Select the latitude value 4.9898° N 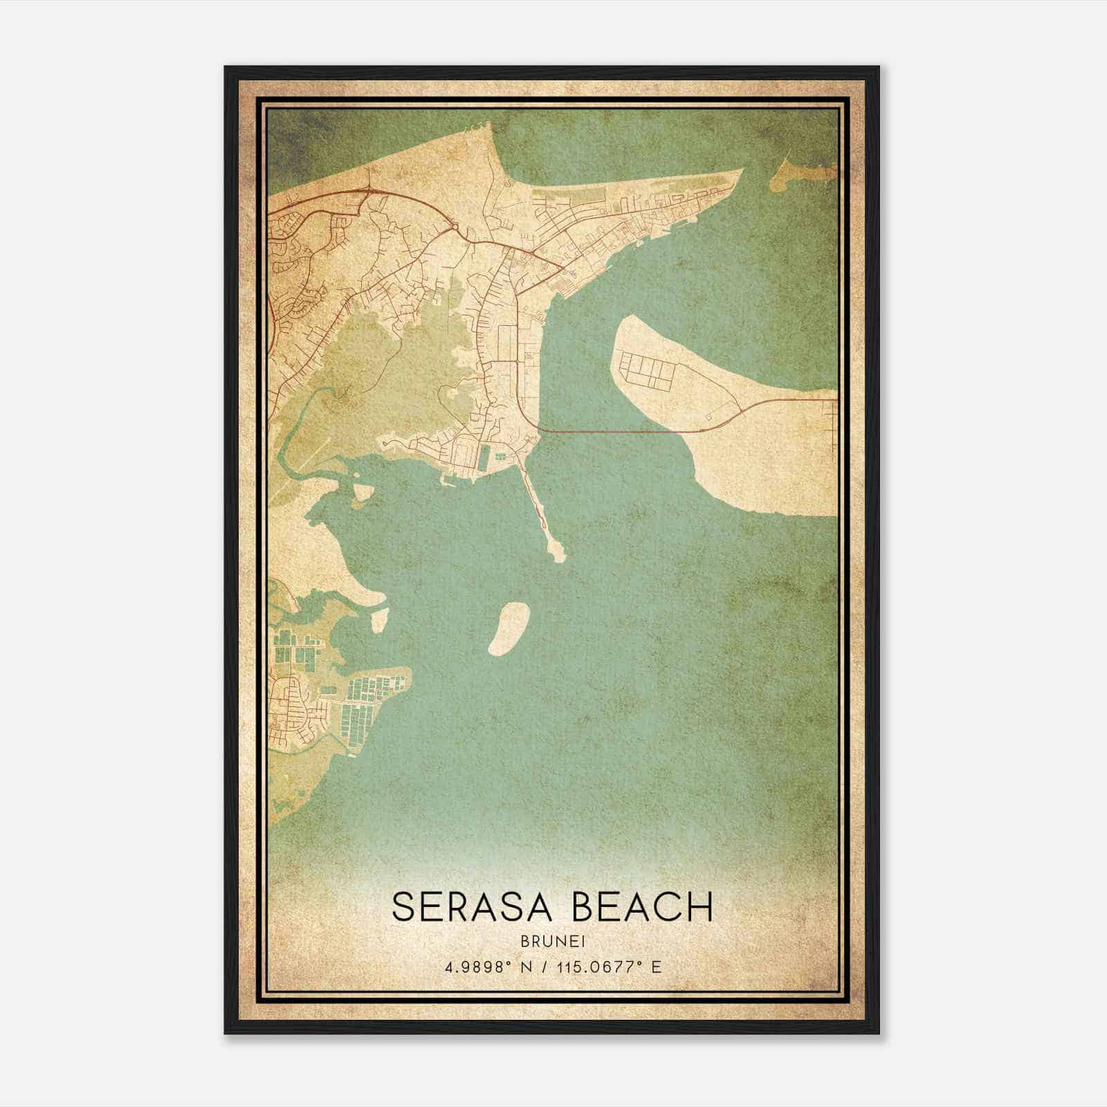point(489,966)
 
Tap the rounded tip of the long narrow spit point(556,552)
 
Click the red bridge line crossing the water point(609,432)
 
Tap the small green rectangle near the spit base point(483,456)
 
